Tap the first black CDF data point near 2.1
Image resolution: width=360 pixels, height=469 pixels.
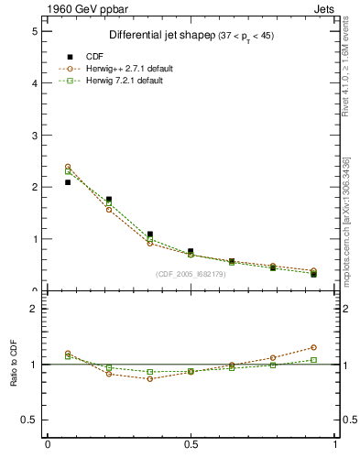(68, 182)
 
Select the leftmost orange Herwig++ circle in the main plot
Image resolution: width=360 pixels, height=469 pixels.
(68, 167)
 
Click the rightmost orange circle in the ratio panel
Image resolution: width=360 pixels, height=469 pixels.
(313, 347)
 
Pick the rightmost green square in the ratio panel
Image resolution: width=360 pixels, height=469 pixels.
(313, 359)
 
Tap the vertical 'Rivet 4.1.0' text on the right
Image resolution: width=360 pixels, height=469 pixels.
(345, 73)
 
